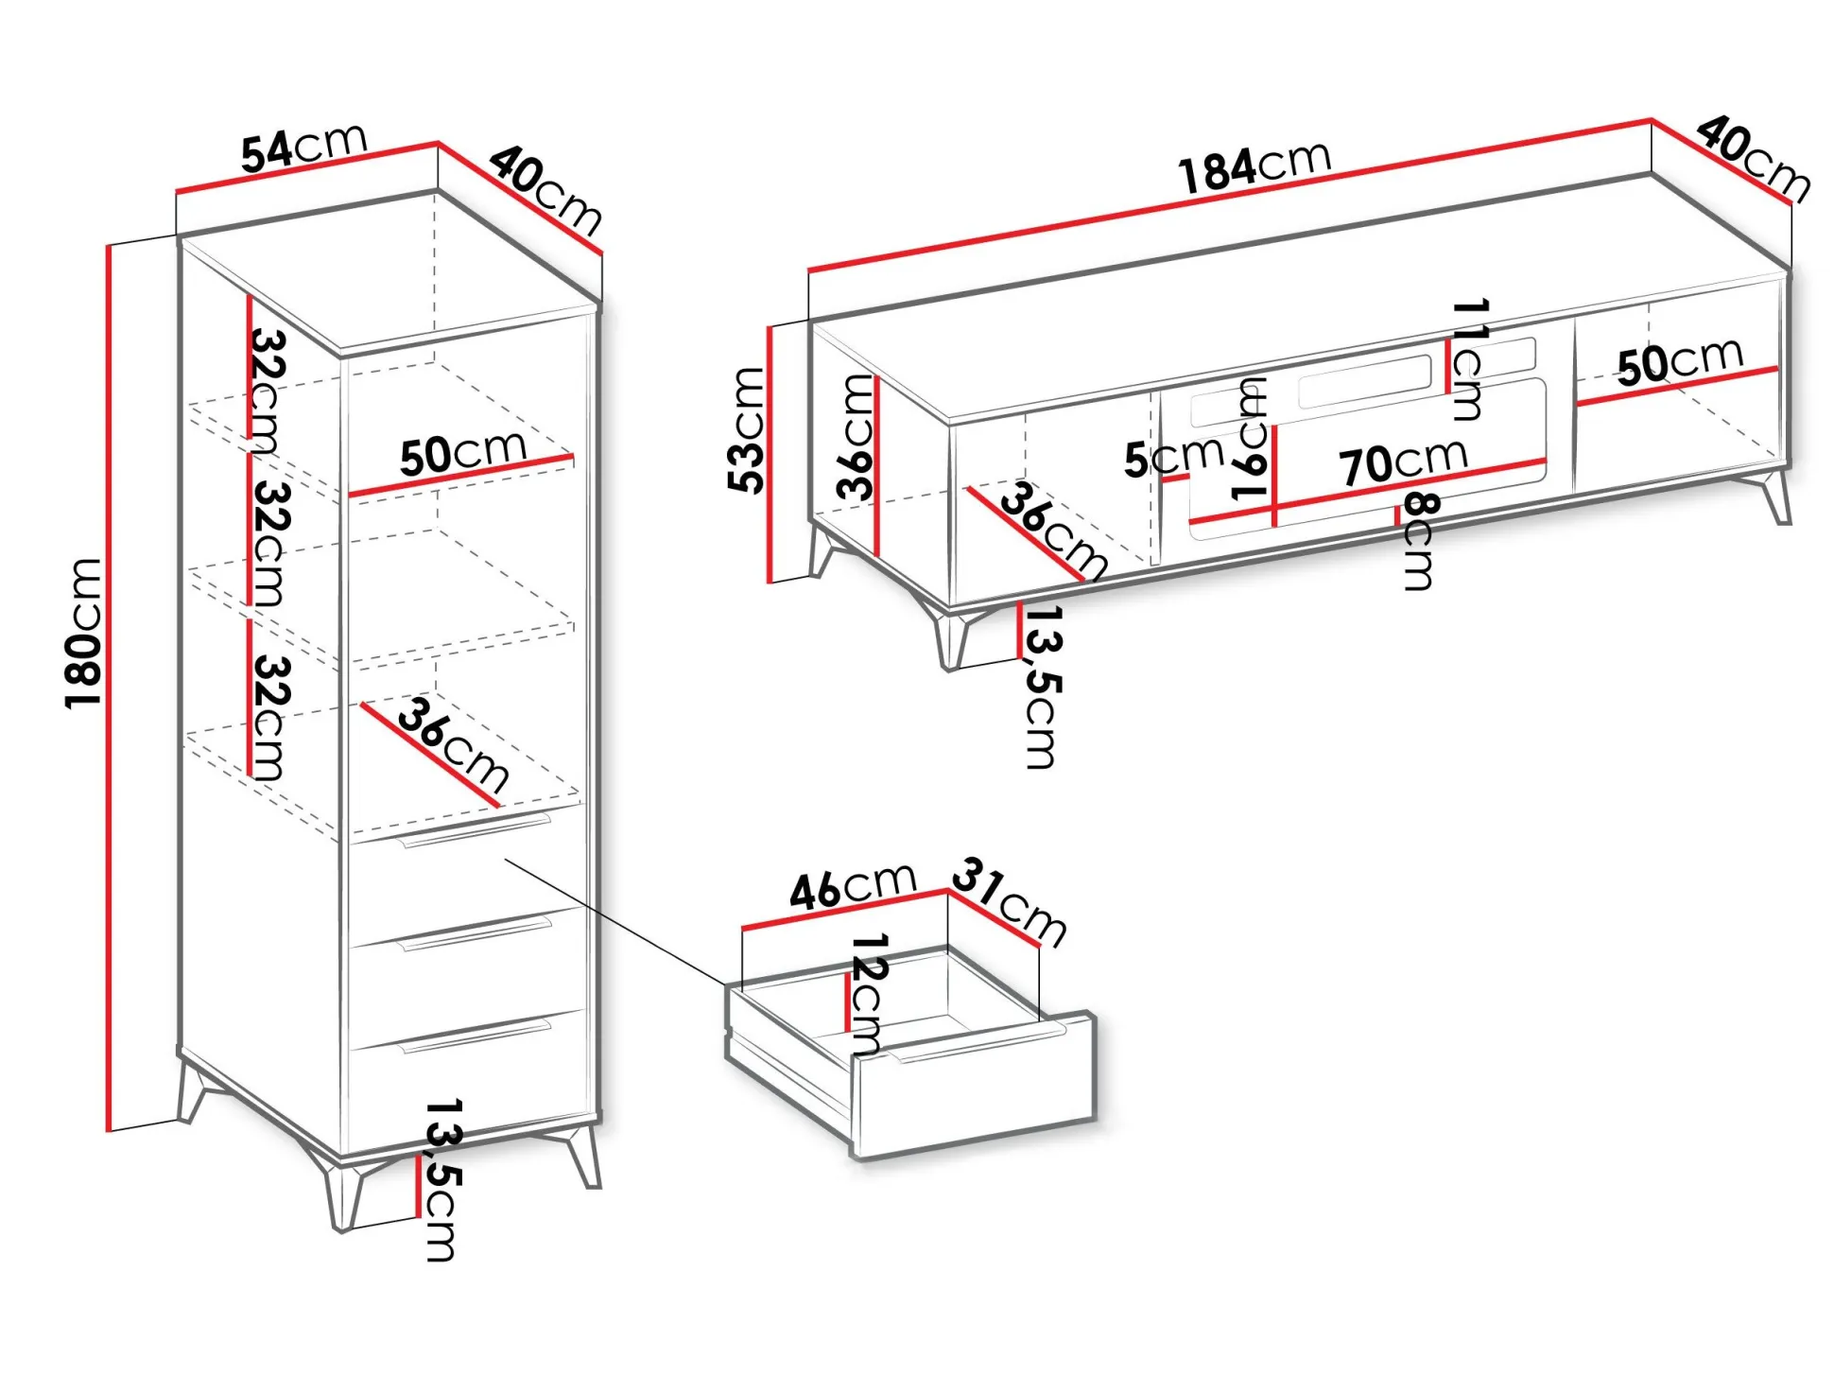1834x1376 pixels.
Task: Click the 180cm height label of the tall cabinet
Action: pyautogui.click(x=83, y=633)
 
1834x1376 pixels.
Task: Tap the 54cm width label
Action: pyautogui.click(x=303, y=149)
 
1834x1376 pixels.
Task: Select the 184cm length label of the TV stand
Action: pyautogui.click(x=1254, y=167)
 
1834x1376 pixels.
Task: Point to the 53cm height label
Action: pyautogui.click(x=747, y=429)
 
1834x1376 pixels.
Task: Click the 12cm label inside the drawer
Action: pyautogui.click(x=868, y=993)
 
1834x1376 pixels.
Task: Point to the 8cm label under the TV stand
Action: pyautogui.click(x=1418, y=541)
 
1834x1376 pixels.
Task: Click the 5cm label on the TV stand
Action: pyautogui.click(x=1173, y=458)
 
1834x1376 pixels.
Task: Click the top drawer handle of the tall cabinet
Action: pyautogui.click(x=476, y=829)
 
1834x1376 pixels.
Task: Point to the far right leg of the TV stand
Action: pyautogui.click(x=1773, y=496)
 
